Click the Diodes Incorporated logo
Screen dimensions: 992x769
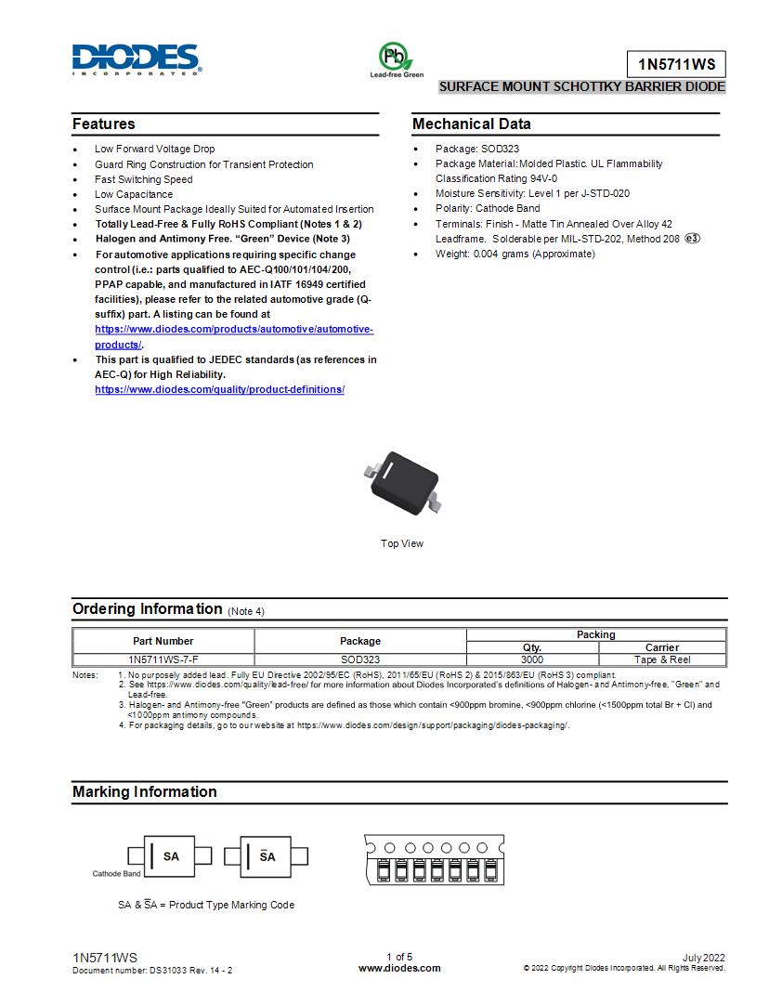[137, 59]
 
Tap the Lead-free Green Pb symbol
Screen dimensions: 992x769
[397, 57]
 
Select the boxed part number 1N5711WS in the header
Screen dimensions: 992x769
[675, 65]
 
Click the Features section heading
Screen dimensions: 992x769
[104, 124]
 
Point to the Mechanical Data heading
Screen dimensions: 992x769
[472, 124]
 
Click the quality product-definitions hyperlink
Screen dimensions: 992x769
[219, 389]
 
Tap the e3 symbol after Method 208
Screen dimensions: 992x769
[692, 239]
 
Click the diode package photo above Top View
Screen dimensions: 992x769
[401, 480]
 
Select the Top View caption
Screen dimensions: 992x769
[401, 543]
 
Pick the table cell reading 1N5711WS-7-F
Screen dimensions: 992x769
[163, 659]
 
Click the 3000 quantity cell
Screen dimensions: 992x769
[531, 659]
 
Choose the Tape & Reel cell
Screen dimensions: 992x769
[661, 659]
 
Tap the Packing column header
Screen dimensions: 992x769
[595, 634]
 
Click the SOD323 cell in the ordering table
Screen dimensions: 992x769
[359, 659]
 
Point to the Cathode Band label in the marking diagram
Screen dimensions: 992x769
[116, 874]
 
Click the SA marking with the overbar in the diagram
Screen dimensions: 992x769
[267, 856]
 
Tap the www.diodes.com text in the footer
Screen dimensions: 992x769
[399, 968]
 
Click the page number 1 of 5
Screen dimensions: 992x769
[399, 957]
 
